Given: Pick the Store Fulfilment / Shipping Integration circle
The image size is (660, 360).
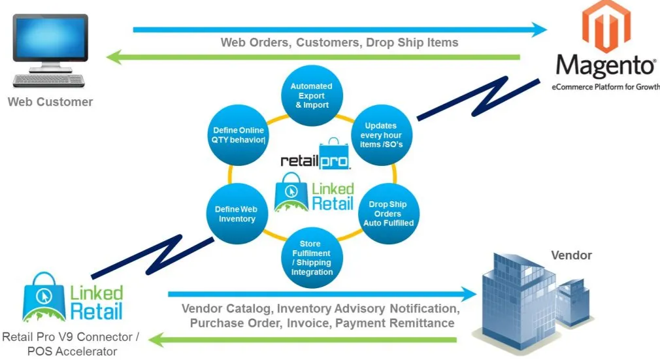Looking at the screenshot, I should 311,257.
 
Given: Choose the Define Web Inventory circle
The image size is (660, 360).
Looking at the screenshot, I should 236,214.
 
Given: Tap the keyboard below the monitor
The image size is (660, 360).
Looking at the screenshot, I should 50,80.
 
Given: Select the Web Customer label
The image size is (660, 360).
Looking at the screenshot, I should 50,102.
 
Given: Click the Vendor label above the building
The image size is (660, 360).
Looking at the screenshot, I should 571,255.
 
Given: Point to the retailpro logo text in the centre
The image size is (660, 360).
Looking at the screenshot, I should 315,159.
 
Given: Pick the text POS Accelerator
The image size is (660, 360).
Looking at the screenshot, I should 72,352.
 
